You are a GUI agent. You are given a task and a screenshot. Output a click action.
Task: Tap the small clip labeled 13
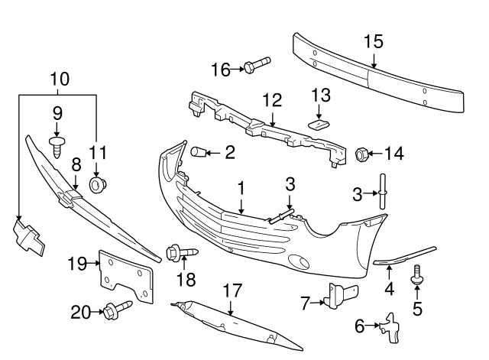(x=319, y=122)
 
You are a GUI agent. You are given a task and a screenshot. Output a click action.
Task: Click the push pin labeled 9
(x=57, y=145)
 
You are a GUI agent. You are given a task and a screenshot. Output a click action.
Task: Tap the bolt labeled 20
(x=117, y=311)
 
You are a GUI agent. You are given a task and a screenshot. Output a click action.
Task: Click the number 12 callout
(x=272, y=99)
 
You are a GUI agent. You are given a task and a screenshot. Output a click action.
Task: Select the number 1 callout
(x=241, y=187)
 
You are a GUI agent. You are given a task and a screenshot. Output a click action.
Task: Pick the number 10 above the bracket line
(x=60, y=78)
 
